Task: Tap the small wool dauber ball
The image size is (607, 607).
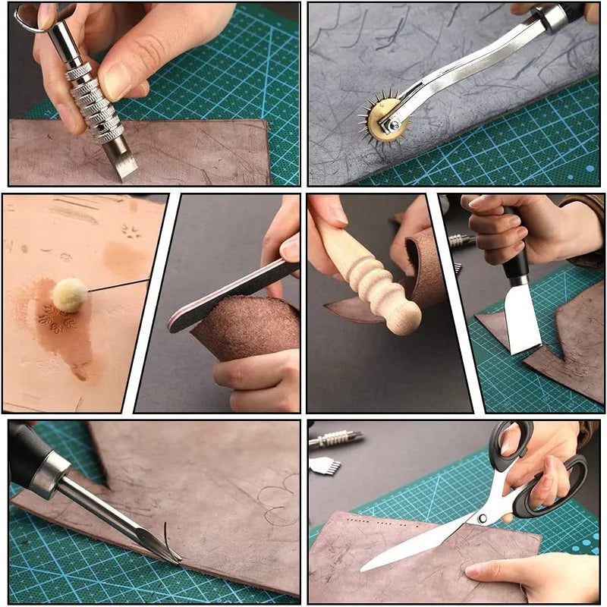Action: click(69, 295)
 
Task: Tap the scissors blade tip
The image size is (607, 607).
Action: click(365, 567)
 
